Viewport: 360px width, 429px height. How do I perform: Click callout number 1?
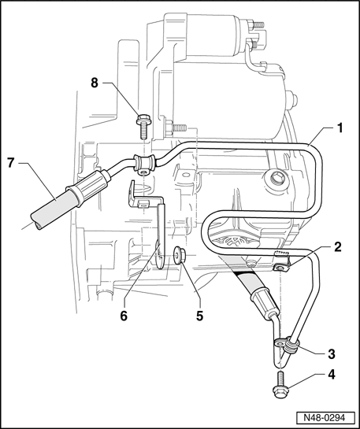click(x=340, y=128)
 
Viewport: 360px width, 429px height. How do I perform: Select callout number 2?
click(x=338, y=247)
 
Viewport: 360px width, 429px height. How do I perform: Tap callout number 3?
click(x=332, y=353)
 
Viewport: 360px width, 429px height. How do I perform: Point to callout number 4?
click(x=332, y=375)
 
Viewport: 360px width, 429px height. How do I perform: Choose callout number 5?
click(x=199, y=316)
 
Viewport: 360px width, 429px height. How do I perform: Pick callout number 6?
click(x=124, y=316)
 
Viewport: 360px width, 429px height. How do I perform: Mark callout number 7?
click(x=10, y=163)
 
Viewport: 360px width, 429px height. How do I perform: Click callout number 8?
click(x=95, y=83)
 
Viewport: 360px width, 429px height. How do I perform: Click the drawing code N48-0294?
click(x=324, y=418)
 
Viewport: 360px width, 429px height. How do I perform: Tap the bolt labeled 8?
click(x=143, y=127)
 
